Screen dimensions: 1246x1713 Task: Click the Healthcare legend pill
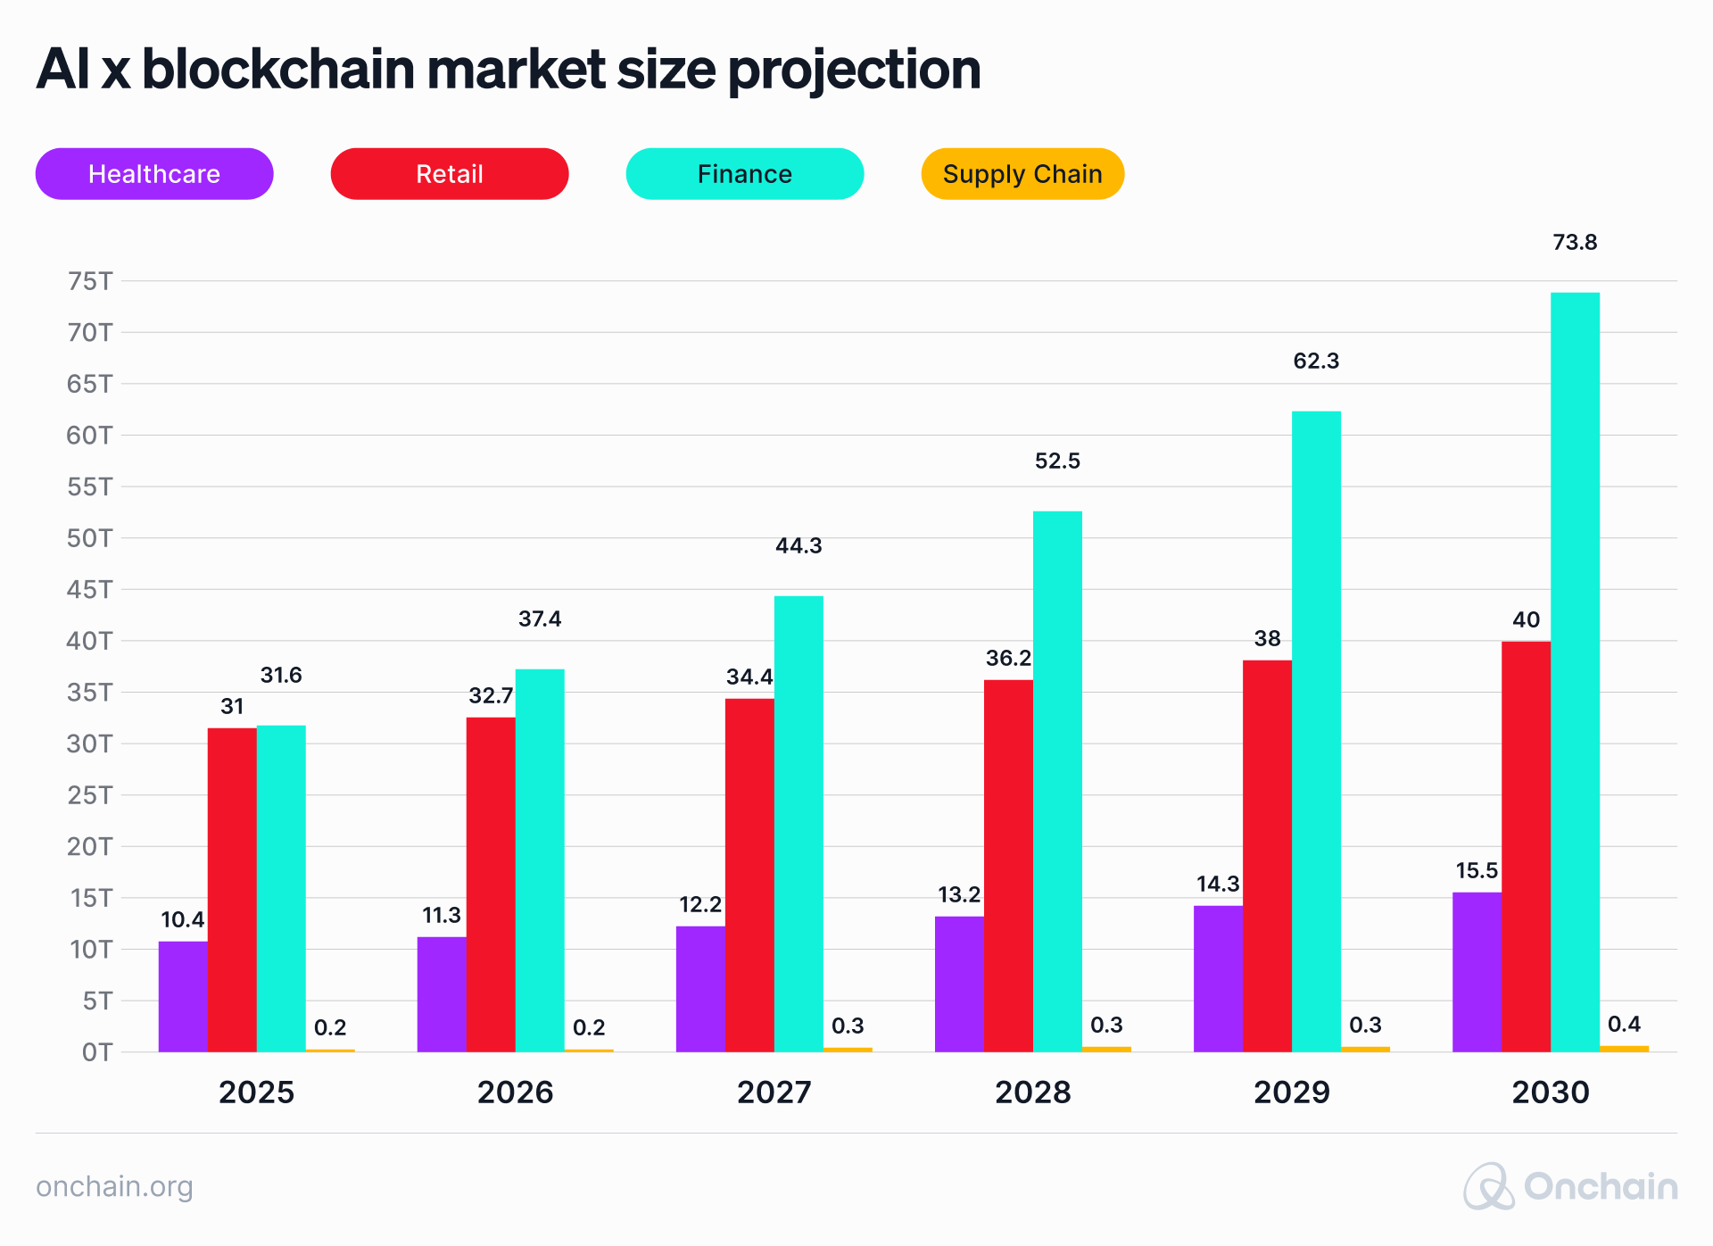(154, 174)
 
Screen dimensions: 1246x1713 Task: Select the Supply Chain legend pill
(1022, 174)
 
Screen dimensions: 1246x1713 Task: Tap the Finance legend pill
(745, 174)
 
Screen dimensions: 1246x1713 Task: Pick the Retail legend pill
(450, 174)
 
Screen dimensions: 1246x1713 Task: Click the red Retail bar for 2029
(1267, 856)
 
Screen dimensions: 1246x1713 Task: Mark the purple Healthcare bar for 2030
(1477, 972)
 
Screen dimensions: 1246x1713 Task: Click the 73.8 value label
(1575, 243)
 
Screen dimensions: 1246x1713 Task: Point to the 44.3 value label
(799, 546)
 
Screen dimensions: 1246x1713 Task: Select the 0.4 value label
(1624, 1025)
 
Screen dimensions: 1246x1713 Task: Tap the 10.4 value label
(182, 920)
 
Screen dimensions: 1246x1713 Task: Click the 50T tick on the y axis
(89, 538)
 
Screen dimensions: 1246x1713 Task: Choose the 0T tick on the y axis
(96, 1052)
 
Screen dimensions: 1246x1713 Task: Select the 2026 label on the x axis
(515, 1092)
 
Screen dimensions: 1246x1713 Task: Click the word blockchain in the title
(278, 70)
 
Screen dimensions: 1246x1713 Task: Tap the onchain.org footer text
(114, 1187)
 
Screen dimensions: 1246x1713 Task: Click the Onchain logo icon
(1488, 1187)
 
